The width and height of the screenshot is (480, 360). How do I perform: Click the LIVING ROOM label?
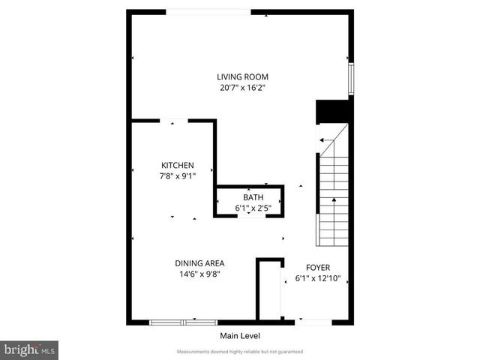pyautogui.click(x=242, y=76)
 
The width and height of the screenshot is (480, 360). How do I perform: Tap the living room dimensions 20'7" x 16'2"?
pyautogui.click(x=242, y=88)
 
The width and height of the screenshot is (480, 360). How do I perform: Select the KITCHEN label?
pyautogui.click(x=178, y=166)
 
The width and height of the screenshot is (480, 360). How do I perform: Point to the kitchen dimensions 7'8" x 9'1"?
pyautogui.click(x=178, y=176)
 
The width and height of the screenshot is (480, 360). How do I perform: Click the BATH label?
pyautogui.click(x=248, y=198)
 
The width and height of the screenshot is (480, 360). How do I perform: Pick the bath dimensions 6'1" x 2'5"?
pyautogui.click(x=248, y=208)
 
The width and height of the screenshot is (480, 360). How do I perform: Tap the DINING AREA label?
pyautogui.click(x=199, y=263)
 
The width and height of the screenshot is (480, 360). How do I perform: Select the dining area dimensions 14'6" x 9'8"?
pyautogui.click(x=199, y=274)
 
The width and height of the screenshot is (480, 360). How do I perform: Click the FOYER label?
pyautogui.click(x=318, y=267)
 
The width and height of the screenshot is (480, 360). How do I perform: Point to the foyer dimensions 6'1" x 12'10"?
pyautogui.click(x=318, y=278)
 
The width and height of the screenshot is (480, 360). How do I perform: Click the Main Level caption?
pyautogui.click(x=239, y=335)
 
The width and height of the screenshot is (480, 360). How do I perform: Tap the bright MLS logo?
pyautogui.click(x=29, y=349)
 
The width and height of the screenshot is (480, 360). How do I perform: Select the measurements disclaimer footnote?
pyautogui.click(x=239, y=352)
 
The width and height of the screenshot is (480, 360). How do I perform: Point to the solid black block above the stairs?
pyautogui.click(x=334, y=110)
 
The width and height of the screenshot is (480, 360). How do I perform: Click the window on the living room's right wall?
pyautogui.click(x=349, y=79)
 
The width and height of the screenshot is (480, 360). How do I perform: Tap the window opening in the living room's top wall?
pyautogui.click(x=208, y=11)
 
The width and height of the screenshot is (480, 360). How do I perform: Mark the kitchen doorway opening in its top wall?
pyautogui.click(x=174, y=120)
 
